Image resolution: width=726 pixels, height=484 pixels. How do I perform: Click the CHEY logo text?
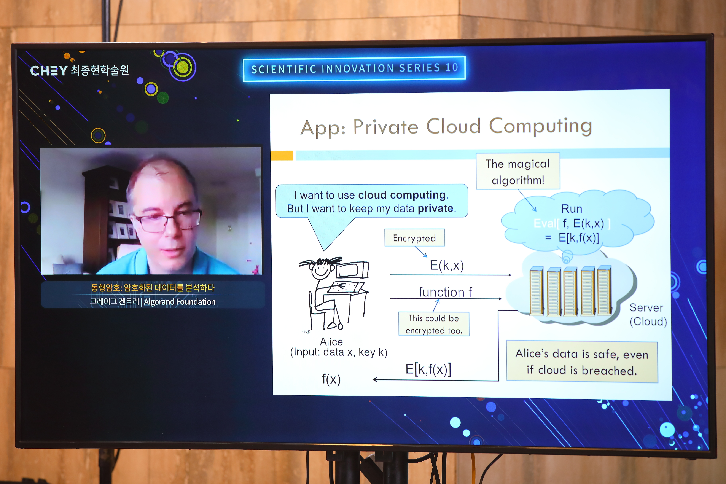(x=49, y=71)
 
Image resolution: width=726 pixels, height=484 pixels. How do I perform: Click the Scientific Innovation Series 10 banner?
(x=354, y=68)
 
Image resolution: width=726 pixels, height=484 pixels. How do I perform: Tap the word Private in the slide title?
(x=386, y=127)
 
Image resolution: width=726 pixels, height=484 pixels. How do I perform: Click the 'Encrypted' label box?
(x=415, y=238)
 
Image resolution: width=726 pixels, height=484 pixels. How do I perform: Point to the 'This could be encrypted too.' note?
(x=434, y=324)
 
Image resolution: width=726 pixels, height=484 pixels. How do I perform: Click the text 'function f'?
(x=445, y=292)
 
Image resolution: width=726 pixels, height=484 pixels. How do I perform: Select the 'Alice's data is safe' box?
(x=582, y=362)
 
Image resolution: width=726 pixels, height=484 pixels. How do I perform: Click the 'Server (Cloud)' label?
(x=648, y=315)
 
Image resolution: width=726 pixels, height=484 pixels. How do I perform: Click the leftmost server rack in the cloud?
(x=537, y=291)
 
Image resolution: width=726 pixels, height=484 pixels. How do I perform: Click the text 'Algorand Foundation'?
(x=180, y=302)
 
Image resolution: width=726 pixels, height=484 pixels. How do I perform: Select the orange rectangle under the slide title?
(x=282, y=156)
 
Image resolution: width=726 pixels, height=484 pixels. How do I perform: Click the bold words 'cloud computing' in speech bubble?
(x=402, y=195)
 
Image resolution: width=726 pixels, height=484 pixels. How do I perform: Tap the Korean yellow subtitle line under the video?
(x=153, y=288)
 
